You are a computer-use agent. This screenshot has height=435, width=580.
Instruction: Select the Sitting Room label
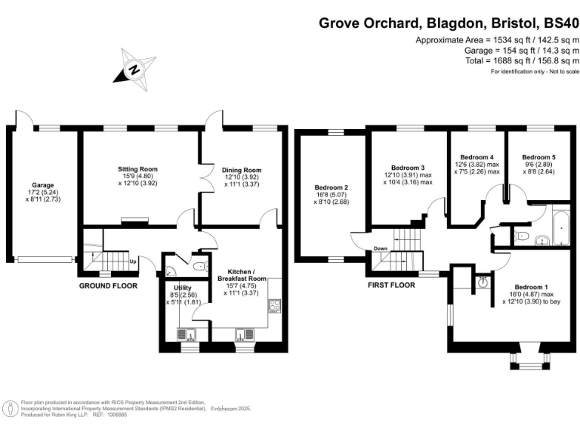[x=137, y=169]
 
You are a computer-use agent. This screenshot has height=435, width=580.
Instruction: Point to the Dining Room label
[x=242, y=171]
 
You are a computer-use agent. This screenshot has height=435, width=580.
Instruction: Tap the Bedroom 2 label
[x=331, y=187]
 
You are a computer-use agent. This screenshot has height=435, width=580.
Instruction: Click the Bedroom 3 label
[x=412, y=168]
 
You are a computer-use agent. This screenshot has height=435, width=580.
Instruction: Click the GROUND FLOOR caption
[x=109, y=286]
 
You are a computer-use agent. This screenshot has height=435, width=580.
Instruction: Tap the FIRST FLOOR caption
[x=393, y=286]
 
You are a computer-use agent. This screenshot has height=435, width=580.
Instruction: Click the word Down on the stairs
[x=381, y=248]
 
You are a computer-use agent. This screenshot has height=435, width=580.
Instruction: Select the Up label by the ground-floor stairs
[x=134, y=262]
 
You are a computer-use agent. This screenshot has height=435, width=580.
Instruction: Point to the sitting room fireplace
[x=136, y=221]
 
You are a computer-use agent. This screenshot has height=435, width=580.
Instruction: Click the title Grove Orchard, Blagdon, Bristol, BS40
[x=449, y=23]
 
